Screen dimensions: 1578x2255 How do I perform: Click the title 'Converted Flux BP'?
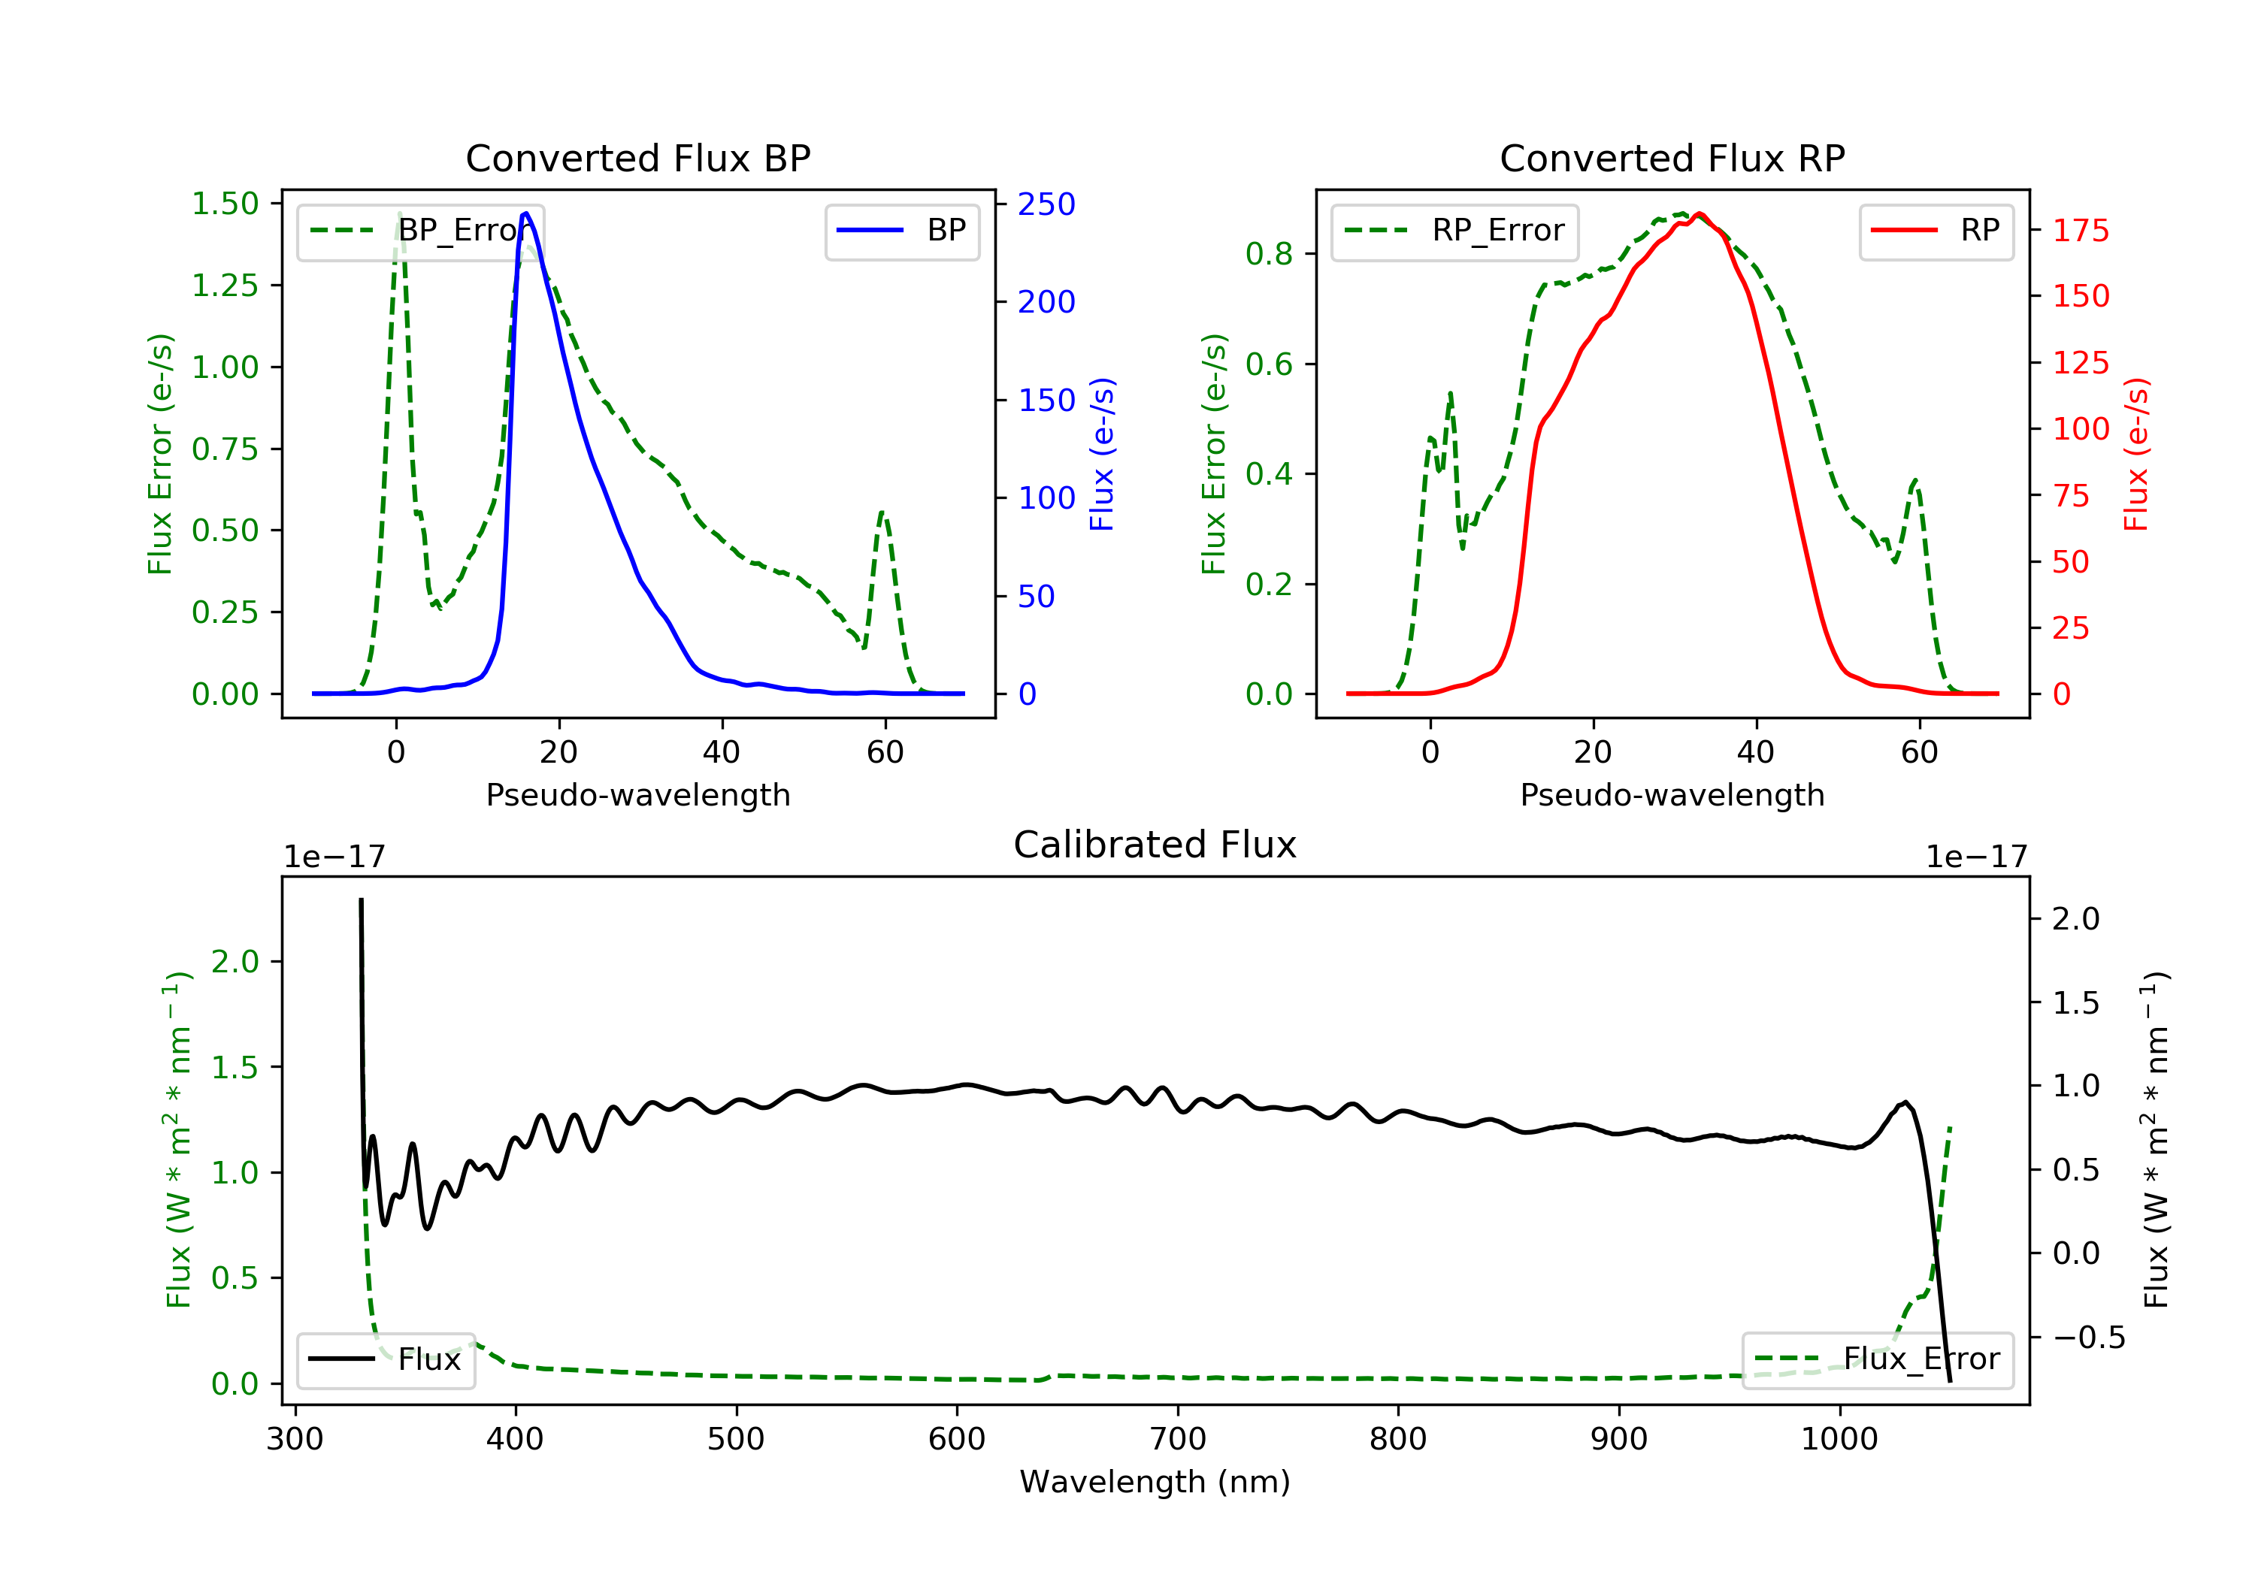pyautogui.click(x=637, y=158)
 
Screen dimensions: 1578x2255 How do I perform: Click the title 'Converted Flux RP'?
pyautogui.click(x=1672, y=158)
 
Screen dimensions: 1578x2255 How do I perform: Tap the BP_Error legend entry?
pyautogui.click(x=420, y=231)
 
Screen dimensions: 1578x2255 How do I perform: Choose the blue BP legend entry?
pyautogui.click(x=901, y=231)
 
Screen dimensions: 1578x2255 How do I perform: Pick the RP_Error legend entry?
pyautogui.click(x=1454, y=231)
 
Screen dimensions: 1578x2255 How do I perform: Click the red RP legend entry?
pyautogui.click(x=1936, y=231)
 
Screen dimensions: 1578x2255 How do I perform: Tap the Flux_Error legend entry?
pyautogui.click(x=1877, y=1359)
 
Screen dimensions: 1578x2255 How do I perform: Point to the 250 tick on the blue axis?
pyautogui.click(x=1046, y=204)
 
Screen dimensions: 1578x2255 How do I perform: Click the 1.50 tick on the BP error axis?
pyautogui.click(x=225, y=204)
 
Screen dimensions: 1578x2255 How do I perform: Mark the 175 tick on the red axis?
pyautogui.click(x=2080, y=231)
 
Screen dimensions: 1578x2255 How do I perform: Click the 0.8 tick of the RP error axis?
pyautogui.click(x=1268, y=254)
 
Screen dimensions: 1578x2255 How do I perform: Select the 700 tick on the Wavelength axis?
pyautogui.click(x=1176, y=1440)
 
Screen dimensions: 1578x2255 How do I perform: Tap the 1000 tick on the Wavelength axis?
pyautogui.click(x=1839, y=1440)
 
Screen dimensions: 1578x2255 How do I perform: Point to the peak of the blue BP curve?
pyautogui.click(x=526, y=213)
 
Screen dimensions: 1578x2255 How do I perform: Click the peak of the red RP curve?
pyautogui.click(x=1699, y=213)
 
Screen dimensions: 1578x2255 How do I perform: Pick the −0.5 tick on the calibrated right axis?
pyautogui.click(x=2088, y=1338)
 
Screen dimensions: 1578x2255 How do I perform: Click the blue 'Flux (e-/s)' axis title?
pyautogui.click(x=1102, y=454)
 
